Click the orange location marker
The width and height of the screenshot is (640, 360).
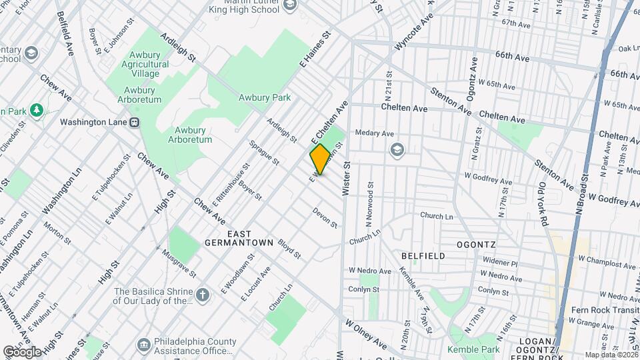319,159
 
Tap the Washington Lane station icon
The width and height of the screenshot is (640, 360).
135,122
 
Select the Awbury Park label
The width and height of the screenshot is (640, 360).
265,97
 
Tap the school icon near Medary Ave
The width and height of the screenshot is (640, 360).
398,149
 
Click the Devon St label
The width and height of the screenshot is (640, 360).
325,217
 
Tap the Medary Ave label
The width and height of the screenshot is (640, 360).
375,133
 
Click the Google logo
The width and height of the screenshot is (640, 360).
22,351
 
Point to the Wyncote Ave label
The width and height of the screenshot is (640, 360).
414,31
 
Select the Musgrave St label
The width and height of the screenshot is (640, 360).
179,263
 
